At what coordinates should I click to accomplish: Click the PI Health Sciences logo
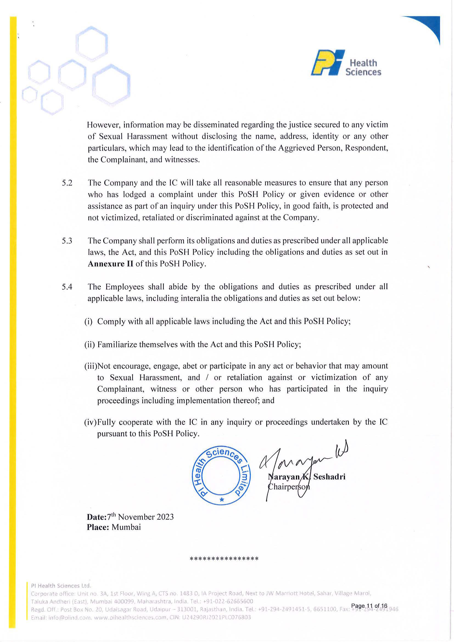tap(346, 63)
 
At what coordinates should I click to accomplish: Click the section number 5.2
tap(67, 183)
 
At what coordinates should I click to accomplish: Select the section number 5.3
tap(67, 241)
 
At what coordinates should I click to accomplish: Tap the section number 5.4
tap(67, 287)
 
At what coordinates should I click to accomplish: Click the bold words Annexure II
tap(111, 264)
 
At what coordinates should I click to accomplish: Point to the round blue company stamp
tap(221, 475)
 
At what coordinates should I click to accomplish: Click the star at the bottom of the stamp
tap(222, 499)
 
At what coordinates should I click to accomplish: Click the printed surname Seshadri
tap(329, 477)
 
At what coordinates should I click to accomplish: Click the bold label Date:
tap(97, 517)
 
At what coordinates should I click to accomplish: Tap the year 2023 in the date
tap(165, 517)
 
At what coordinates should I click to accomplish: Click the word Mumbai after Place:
tap(126, 527)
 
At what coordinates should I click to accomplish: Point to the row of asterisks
tap(224, 559)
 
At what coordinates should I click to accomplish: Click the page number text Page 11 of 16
tap(369, 606)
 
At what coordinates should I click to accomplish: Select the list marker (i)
tap(88, 322)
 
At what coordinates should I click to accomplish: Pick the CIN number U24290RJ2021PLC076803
tap(216, 617)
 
